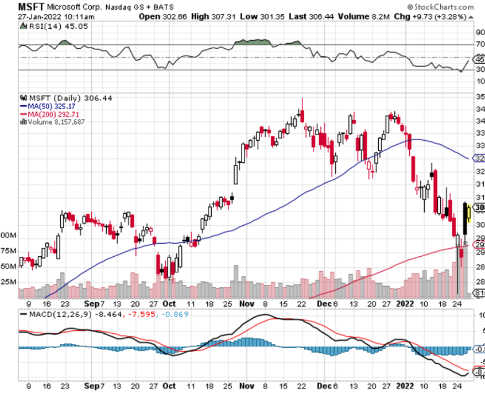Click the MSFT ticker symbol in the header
(30, 7)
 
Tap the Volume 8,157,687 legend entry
(56, 121)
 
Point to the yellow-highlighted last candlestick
(469, 213)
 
